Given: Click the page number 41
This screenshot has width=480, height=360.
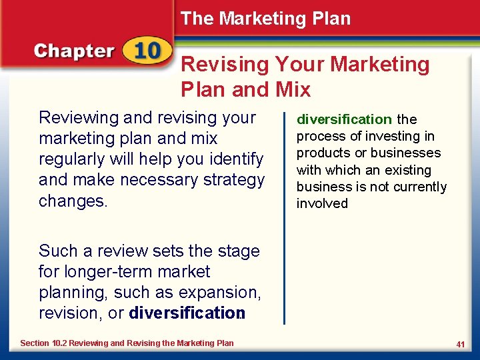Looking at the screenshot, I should coord(460,344).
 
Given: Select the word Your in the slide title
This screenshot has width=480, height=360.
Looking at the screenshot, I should coord(295,65).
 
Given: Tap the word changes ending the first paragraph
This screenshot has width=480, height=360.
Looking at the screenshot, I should coord(73,201).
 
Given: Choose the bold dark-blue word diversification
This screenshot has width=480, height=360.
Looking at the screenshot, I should coord(187,313).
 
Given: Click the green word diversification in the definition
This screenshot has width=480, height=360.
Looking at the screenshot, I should coord(344,120).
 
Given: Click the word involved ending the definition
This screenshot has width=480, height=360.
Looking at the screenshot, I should coord(322,203).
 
